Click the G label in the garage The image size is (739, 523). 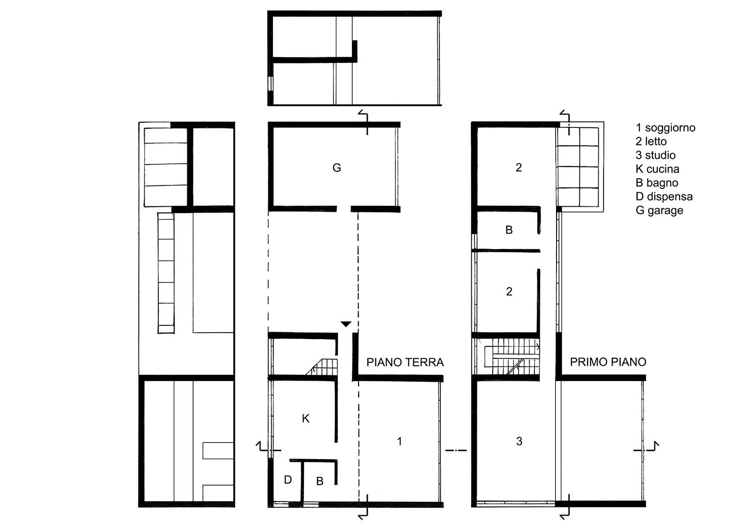[336, 168]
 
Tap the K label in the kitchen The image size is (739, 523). [305, 419]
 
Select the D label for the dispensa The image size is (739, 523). [287, 480]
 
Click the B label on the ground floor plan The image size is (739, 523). [320, 481]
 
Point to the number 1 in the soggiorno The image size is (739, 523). [400, 442]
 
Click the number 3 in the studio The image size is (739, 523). [519, 442]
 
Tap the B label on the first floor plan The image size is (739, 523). [509, 230]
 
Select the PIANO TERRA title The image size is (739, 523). [405, 362]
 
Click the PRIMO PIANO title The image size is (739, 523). [608, 362]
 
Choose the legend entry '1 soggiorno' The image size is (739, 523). [665, 128]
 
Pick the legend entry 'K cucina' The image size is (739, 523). [658, 169]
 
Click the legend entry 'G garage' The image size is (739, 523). [660, 211]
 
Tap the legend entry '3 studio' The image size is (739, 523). [656, 155]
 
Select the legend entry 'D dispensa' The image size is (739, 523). [664, 197]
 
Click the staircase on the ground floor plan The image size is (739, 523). [322, 367]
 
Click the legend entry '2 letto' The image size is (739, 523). [651, 141]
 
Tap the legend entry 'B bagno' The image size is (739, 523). [657, 183]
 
